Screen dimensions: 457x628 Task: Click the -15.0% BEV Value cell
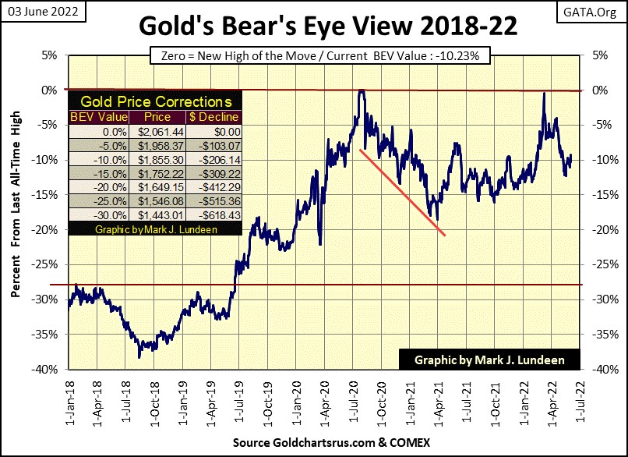(94, 173)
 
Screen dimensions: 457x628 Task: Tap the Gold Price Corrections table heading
(156, 102)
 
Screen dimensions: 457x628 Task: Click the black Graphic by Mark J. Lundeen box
(492, 361)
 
